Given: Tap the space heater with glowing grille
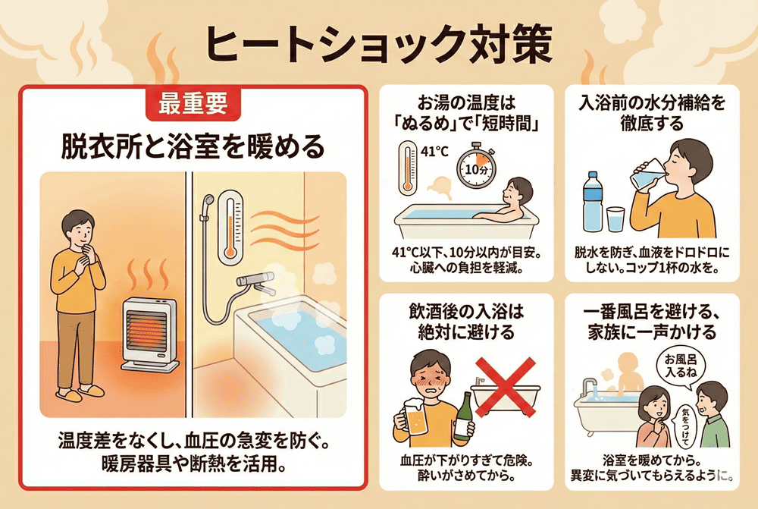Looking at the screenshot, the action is [x=149, y=334].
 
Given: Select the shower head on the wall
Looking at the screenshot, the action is [x=208, y=201].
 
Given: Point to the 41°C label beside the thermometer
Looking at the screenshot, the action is [x=434, y=152].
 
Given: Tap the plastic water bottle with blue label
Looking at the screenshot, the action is [x=593, y=201].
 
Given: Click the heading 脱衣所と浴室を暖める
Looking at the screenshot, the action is [x=193, y=146].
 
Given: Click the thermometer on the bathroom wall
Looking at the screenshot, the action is [x=230, y=228].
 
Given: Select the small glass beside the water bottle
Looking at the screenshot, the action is [x=615, y=219].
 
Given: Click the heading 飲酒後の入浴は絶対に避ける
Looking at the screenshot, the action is [x=466, y=322].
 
